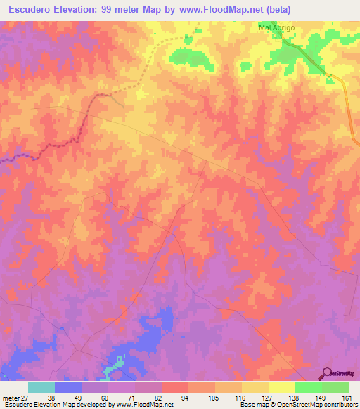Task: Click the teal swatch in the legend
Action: (41, 387)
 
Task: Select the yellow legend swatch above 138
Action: (281, 387)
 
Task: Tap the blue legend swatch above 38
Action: (68, 387)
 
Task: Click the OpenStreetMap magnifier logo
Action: (326, 373)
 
